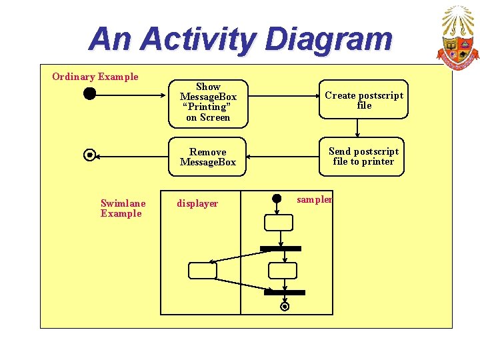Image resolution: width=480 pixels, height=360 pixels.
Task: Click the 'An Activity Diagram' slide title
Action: (241, 39)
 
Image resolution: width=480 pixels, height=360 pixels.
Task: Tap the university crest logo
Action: (457, 39)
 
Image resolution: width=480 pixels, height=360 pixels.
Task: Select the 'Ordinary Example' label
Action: (95, 77)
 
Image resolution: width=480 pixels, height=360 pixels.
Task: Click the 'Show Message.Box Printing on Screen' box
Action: (208, 103)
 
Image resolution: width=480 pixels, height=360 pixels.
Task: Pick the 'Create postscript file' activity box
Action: (363, 101)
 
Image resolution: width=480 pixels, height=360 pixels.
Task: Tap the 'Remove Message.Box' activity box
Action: (208, 157)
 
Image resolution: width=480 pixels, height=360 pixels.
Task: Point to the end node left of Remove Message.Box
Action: (89, 155)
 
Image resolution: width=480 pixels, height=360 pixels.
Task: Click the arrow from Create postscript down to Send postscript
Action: (358, 129)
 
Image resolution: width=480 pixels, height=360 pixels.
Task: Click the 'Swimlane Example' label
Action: (122, 209)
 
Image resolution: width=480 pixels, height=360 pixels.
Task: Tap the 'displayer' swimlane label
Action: (197, 204)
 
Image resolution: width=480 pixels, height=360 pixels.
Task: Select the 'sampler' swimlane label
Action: (314, 199)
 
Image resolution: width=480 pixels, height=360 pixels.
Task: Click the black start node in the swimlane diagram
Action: (278, 199)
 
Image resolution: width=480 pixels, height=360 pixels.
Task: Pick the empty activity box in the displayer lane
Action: (203, 271)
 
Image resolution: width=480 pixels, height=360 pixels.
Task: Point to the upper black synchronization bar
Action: (281, 249)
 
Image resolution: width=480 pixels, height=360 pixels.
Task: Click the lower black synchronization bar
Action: (285, 292)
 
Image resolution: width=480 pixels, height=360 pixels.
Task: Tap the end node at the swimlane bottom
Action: (285, 307)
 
